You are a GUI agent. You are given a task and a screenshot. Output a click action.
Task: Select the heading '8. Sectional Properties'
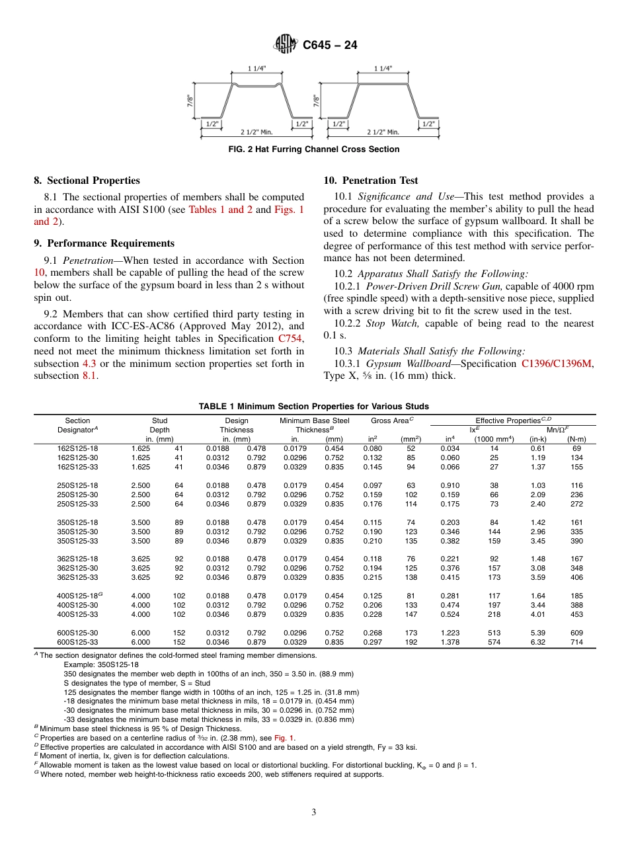click(87, 180)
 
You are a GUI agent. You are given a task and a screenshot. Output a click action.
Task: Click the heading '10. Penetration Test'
click(371, 180)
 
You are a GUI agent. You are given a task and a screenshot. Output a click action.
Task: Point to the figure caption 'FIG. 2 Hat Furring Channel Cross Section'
click(313, 149)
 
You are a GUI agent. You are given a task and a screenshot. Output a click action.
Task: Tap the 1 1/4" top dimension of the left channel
click(258, 68)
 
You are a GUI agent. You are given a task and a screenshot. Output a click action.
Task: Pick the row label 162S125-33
click(78, 466)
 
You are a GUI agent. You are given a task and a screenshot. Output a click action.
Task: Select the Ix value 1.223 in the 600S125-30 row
click(450, 633)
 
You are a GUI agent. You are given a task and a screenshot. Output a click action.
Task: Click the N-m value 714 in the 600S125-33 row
click(576, 642)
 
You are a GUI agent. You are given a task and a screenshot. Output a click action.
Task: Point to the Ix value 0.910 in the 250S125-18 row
click(450, 485)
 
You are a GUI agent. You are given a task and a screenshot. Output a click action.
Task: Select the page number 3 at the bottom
click(313, 812)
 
